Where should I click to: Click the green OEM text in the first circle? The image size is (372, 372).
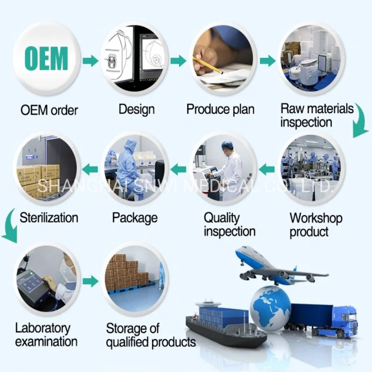(x=46, y=58)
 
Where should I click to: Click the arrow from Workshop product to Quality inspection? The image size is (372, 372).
(x=267, y=170)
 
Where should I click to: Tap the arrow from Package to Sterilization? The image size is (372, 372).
(x=90, y=170)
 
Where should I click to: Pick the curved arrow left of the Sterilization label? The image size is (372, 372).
(x=10, y=225)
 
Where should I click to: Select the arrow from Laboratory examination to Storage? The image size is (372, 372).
(x=91, y=281)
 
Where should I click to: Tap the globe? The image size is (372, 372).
(x=270, y=308)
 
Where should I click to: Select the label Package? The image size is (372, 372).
(x=135, y=218)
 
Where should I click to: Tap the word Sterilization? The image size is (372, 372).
(x=49, y=218)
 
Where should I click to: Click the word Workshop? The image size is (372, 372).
(x=316, y=218)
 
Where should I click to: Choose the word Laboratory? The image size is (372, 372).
(x=43, y=328)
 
